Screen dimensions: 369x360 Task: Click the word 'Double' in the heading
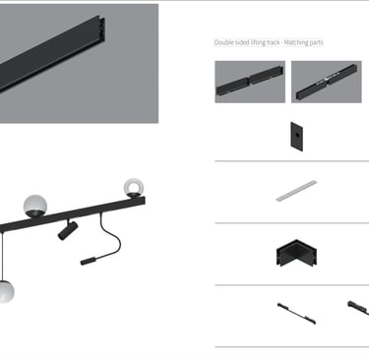[223, 42]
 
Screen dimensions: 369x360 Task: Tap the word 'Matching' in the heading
[295, 42]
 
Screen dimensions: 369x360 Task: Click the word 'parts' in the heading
[315, 43]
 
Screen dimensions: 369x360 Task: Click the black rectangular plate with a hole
[296, 137]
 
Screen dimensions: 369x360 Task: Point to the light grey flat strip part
[296, 191]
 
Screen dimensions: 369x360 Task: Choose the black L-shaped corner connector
[296, 253]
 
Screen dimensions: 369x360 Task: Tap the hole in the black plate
[296, 135]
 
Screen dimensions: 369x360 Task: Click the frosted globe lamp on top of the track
[35, 206]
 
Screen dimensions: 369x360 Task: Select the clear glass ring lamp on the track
[134, 187]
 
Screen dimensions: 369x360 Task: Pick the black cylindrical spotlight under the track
[68, 230]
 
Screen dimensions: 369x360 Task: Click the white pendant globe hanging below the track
[6, 291]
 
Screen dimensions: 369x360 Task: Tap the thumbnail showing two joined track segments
[250, 82]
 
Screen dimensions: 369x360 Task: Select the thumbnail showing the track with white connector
[327, 82]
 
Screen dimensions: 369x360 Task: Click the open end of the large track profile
[101, 30]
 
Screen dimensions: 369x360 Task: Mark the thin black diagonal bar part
[296, 314]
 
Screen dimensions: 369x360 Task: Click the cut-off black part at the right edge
[358, 308]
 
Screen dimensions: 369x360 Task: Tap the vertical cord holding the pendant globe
[3, 257]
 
